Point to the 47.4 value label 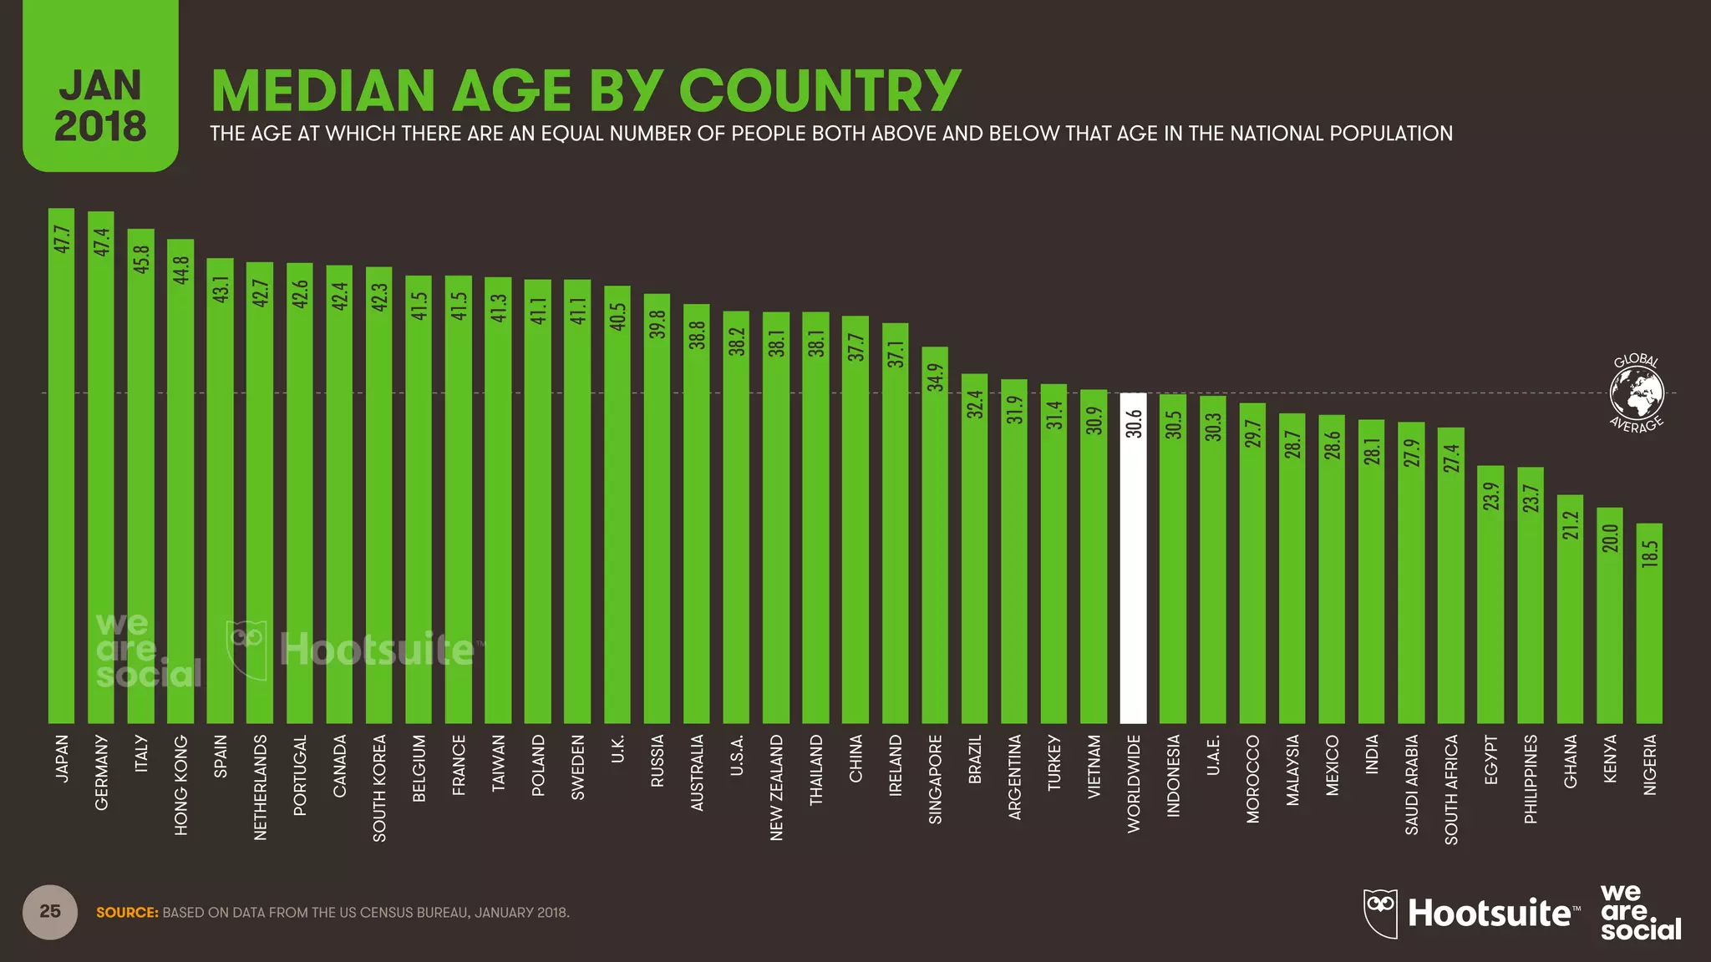coord(101,242)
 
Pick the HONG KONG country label coord(180,785)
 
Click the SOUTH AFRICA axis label coord(1451,789)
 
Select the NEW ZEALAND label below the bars coord(776,787)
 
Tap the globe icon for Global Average coord(1637,392)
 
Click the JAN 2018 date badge coord(100,104)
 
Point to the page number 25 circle coord(50,911)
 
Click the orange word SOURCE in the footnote coord(127,913)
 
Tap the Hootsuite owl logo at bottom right coord(1380,914)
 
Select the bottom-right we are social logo coord(1639,913)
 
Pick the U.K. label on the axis coord(617,750)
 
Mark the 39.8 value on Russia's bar coord(657,324)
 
